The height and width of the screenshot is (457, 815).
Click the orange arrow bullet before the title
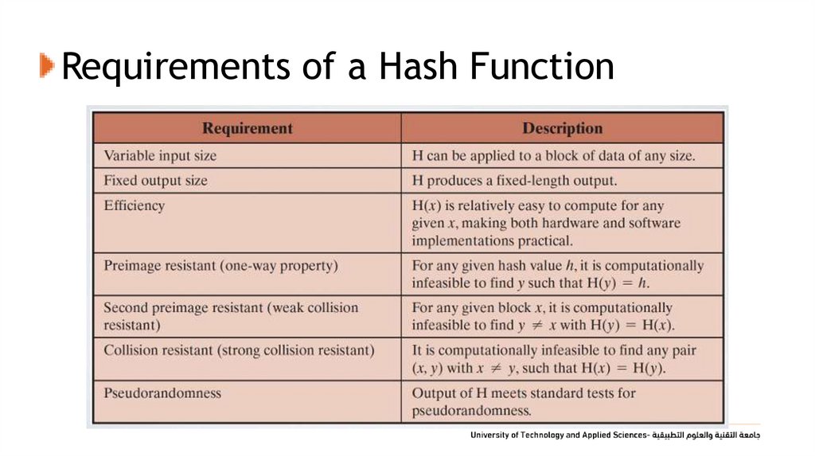46,67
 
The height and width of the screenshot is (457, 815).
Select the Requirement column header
247,128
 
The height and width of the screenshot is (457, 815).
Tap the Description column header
562,128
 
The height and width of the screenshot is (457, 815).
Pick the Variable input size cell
160,155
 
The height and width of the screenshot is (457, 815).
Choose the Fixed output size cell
155,181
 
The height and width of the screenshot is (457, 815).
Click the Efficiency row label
134,205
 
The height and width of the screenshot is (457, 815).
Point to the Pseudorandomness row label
162,393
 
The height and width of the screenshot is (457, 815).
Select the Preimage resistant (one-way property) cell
220,265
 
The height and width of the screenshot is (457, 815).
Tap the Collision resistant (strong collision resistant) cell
239,350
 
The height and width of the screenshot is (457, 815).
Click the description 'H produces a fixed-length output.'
514,181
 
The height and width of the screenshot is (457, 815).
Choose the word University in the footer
491,436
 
